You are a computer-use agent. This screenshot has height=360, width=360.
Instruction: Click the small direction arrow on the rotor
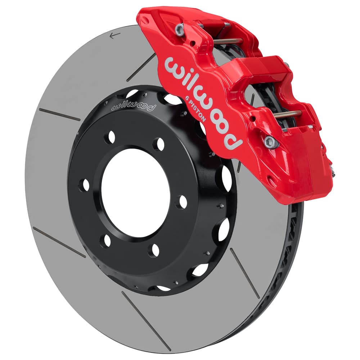point(115,35)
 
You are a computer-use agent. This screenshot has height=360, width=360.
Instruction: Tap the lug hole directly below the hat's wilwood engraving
point(110,138)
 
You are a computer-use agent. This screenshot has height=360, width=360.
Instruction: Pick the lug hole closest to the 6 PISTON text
point(158,144)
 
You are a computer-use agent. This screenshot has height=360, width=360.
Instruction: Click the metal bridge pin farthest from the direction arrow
point(288,114)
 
